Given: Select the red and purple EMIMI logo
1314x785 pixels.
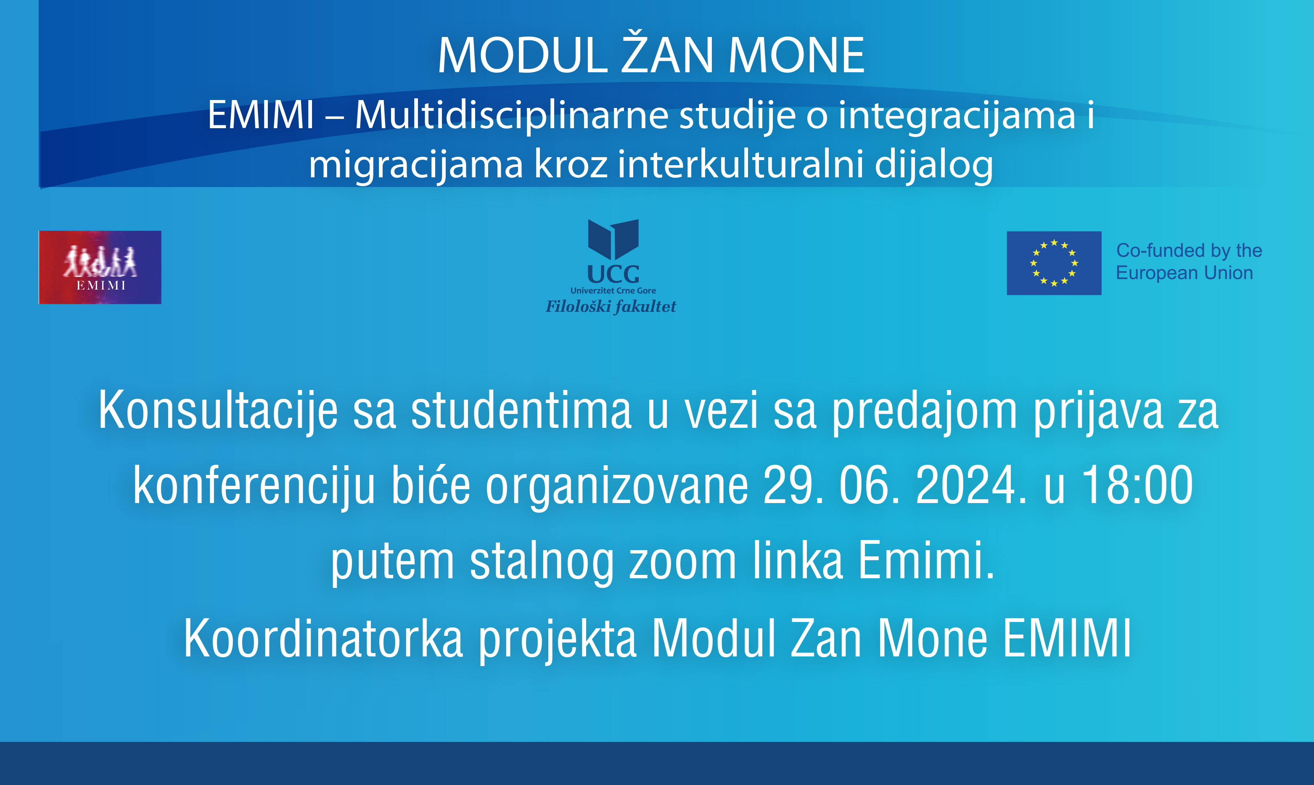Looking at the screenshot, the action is click(100, 267).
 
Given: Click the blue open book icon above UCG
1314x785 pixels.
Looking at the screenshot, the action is click(613, 240).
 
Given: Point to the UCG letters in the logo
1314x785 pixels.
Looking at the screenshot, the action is click(613, 274).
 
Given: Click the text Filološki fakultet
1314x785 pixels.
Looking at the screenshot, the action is click(611, 306).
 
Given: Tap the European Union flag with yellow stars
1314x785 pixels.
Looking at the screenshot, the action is click(1054, 263).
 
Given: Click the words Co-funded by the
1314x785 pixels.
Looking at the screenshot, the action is click(1189, 250).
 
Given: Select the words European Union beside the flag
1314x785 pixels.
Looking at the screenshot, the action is click(1184, 273).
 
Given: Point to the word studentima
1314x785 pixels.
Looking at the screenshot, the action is click(521, 410).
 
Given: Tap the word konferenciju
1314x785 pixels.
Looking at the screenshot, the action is click(254, 486).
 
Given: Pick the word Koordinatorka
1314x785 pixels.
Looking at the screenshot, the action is click(323, 638).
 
